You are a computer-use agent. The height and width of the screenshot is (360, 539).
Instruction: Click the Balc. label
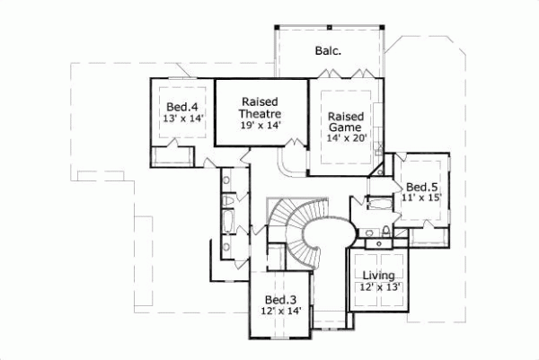click(x=326, y=51)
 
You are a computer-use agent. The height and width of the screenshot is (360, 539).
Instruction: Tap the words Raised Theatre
click(x=261, y=108)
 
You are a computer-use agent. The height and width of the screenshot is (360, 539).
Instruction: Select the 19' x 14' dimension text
click(x=261, y=126)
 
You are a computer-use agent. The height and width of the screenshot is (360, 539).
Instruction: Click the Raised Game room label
click(x=345, y=123)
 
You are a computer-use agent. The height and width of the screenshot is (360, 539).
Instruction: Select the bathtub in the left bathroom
click(x=226, y=220)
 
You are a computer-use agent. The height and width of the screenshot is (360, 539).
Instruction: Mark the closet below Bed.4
click(x=171, y=156)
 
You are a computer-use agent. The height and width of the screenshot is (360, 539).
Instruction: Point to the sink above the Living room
click(x=384, y=235)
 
